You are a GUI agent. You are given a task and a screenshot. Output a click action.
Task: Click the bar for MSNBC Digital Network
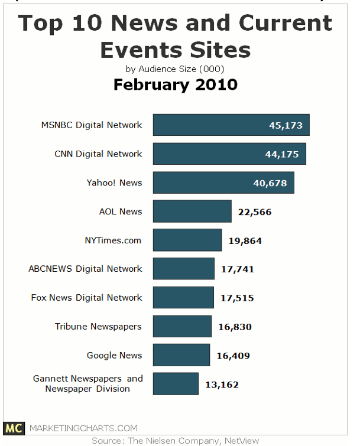[x=231, y=125]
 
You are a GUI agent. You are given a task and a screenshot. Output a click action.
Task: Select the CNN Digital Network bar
[x=229, y=154]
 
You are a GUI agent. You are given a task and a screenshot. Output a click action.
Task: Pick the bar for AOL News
[x=192, y=211]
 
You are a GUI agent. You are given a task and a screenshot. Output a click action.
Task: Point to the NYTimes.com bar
[x=187, y=240]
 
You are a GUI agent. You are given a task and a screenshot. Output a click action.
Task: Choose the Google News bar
[x=181, y=356]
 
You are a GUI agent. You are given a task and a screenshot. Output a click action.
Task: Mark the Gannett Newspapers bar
[x=176, y=384]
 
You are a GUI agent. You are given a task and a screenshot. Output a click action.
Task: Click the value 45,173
[x=286, y=125]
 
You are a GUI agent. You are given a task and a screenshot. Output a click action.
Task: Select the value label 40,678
[x=270, y=183]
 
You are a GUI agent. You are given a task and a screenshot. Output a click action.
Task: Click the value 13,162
[x=222, y=385]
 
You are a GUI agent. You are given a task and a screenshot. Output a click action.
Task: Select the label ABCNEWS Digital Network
[x=85, y=269]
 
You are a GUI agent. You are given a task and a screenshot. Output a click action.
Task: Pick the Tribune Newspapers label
[x=98, y=327]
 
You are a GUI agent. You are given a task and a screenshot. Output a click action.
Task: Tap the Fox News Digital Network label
[x=86, y=298]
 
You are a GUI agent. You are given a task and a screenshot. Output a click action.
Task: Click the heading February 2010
[x=175, y=84]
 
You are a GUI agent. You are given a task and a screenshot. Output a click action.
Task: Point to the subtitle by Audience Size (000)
[x=175, y=68]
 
